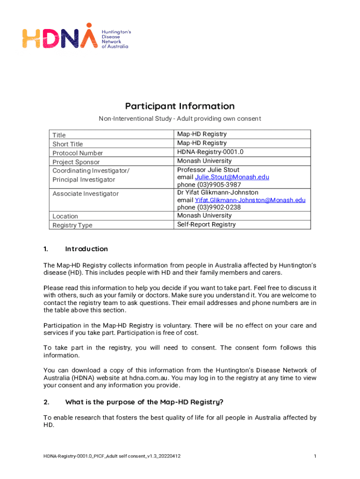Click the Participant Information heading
coord(180,106)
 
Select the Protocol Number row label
coord(78,153)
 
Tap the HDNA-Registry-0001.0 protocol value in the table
coord(210,152)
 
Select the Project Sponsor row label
coord(76,162)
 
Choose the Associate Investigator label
coord(86,194)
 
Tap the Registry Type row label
coord(72,225)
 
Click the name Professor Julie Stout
coord(208,170)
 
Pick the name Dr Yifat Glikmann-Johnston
coord(217,192)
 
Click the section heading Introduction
coord(86,249)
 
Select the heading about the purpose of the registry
coord(144,402)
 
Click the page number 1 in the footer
coord(316,456)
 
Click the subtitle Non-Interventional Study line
coord(180,119)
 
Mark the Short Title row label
coord(68,144)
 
